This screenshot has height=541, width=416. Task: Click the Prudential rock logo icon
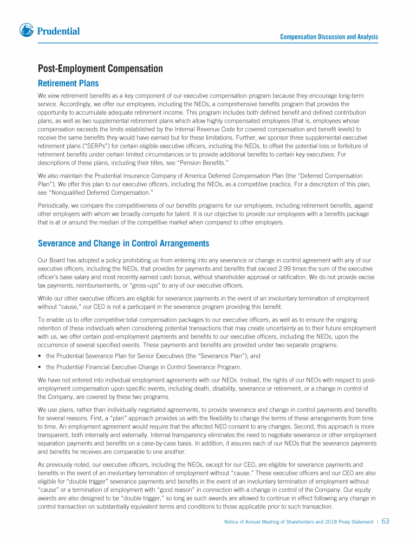pos(27,31)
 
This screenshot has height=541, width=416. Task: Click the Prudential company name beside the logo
pos(58,31)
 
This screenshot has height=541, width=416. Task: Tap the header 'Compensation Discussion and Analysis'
pos(329,37)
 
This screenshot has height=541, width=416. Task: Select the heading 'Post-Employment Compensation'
pos(100,69)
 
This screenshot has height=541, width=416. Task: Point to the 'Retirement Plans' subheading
pos(68,83)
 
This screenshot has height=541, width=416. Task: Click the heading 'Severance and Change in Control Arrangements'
pos(123,243)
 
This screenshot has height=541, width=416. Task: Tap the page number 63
pos(386,522)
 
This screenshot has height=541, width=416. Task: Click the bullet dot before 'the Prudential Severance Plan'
pos(40,356)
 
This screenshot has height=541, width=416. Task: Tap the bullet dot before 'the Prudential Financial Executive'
pos(40,367)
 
